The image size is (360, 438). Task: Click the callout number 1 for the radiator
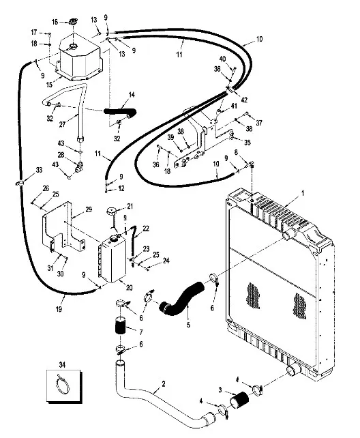point(302,193)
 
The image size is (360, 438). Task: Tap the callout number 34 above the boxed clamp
point(62,364)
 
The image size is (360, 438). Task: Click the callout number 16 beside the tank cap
point(55,22)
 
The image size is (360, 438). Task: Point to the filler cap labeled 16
point(73,22)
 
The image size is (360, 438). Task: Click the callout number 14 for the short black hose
point(132,95)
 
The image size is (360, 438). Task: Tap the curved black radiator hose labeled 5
point(181,298)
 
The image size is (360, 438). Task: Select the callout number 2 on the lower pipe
point(163,384)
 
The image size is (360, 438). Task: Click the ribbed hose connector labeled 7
point(121,326)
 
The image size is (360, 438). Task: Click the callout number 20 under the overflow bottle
point(129,287)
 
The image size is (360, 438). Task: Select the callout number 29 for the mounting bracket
point(89,209)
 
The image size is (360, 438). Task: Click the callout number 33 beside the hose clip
point(39,170)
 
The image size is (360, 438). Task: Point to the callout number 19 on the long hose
point(59,309)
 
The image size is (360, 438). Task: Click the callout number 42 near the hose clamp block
point(244,100)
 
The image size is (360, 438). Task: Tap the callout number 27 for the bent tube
point(62,124)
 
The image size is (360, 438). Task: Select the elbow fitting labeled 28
point(80,167)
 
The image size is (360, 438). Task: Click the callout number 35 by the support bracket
point(247,142)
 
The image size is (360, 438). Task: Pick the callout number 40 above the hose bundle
point(222,59)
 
